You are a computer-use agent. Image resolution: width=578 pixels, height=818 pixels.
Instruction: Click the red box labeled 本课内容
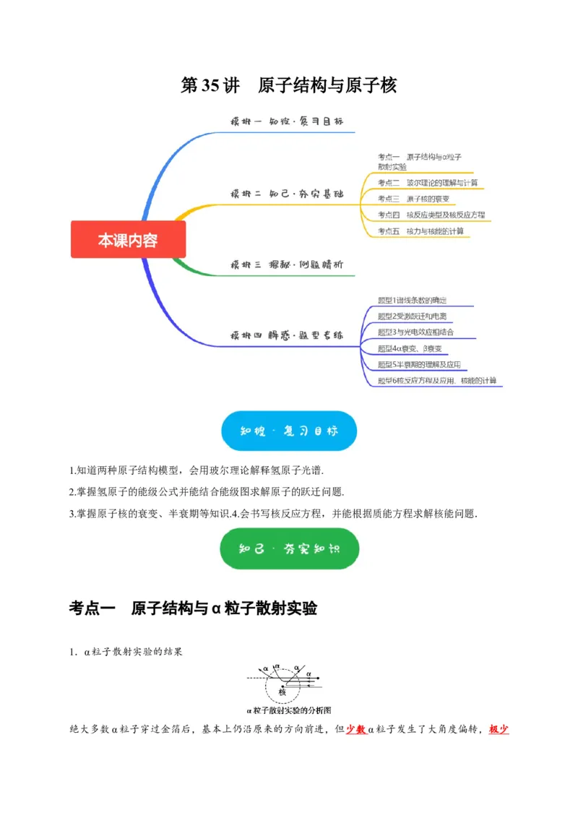coord(128,240)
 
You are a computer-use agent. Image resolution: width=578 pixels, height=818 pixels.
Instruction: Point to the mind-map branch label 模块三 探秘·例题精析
coord(286,265)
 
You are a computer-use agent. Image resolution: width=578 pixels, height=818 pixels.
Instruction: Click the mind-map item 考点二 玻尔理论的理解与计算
coord(427,183)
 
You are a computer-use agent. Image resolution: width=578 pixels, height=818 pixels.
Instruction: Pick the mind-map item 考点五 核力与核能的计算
coord(420,231)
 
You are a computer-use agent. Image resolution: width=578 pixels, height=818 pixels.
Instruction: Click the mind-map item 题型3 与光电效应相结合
coord(415,332)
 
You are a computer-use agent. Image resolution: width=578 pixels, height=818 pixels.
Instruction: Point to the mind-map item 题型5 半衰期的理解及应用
coord(419,364)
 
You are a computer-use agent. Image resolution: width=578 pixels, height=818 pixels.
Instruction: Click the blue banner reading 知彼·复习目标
coord(288,431)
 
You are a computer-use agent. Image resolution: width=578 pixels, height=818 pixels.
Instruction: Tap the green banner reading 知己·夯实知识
coord(288,548)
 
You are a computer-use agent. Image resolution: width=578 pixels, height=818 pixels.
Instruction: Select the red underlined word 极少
coord(499,729)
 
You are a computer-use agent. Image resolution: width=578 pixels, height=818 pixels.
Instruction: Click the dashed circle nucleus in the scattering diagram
coord(282,683)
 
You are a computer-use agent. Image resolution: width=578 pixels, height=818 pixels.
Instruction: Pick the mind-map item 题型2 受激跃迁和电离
coord(415,317)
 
